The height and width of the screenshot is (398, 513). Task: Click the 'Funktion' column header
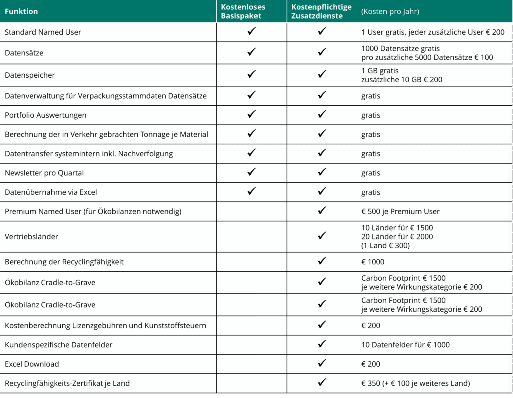pyautogui.click(x=21, y=11)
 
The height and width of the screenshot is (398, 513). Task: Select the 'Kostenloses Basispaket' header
pyautogui.click(x=243, y=11)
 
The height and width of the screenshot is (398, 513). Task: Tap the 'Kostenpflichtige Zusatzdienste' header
pyautogui.click(x=321, y=11)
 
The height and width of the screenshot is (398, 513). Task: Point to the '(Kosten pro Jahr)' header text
pyautogui.click(x=390, y=11)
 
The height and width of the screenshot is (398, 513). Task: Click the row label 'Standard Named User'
pyautogui.click(x=43, y=32)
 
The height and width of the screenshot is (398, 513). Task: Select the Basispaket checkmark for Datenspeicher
pyautogui.click(x=251, y=75)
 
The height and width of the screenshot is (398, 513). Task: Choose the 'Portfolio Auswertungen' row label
pyautogui.click(x=45, y=115)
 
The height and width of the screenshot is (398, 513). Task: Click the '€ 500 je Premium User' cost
pyautogui.click(x=400, y=211)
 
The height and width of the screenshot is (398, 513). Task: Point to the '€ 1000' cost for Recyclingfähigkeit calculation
pyautogui.click(x=373, y=262)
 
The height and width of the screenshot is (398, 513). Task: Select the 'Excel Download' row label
pyautogui.click(x=32, y=364)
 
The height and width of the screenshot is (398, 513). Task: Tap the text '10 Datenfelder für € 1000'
pyautogui.click(x=405, y=344)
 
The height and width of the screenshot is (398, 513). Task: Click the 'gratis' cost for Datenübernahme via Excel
pyautogui.click(x=371, y=192)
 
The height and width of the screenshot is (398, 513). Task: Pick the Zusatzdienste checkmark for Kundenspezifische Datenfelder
pyautogui.click(x=322, y=344)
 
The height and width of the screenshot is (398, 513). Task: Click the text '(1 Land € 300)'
pyautogui.click(x=385, y=245)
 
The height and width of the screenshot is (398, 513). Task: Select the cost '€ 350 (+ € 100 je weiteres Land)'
pyautogui.click(x=415, y=383)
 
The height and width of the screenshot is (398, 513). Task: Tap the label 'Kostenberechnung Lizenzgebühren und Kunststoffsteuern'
pyautogui.click(x=105, y=325)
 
